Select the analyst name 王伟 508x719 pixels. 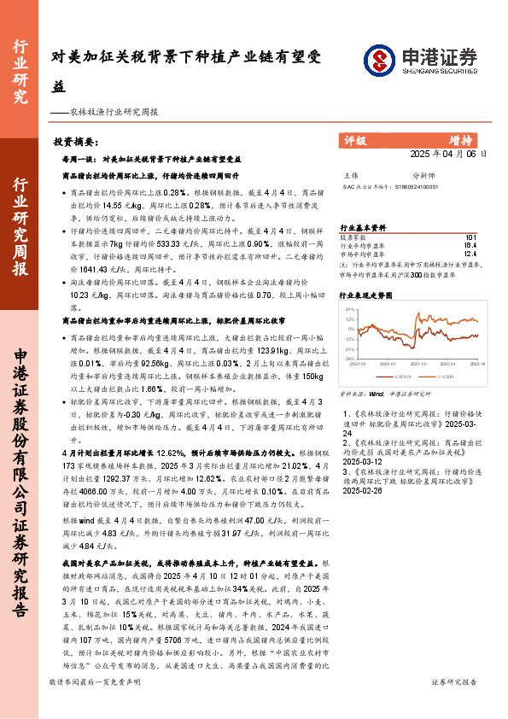(x=349, y=175)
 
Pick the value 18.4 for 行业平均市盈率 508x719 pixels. (x=470, y=244)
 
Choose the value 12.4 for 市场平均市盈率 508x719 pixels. (x=470, y=252)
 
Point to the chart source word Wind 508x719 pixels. (x=375, y=395)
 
